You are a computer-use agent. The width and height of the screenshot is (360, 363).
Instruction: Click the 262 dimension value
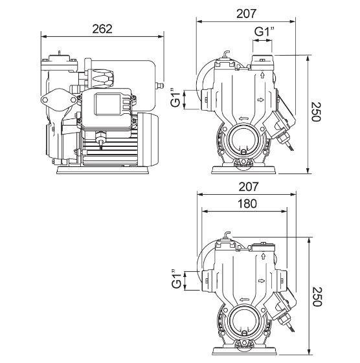tap(102, 29)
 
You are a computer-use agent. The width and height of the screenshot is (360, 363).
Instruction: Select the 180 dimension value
tap(247, 204)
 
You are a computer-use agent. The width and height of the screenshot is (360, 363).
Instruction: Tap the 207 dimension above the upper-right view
tap(246, 14)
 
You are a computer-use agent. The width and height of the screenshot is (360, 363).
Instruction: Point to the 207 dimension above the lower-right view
tap(249, 187)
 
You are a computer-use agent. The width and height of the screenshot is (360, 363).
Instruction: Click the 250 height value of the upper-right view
tap(315, 112)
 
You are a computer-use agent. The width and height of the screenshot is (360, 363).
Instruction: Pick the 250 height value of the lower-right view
tap(317, 296)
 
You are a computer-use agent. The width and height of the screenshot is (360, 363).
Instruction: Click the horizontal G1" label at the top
tap(264, 32)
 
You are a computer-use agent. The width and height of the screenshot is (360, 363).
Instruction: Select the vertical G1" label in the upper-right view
tap(175, 98)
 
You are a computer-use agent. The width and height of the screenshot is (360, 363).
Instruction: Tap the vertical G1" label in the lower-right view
tap(177, 279)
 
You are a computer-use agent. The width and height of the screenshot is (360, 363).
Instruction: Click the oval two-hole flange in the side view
tap(59, 100)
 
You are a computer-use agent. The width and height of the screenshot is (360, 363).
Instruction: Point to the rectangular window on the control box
tap(107, 104)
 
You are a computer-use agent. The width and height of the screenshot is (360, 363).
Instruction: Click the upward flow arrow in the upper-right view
tap(262, 75)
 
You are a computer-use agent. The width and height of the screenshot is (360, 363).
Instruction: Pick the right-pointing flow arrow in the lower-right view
tap(262, 281)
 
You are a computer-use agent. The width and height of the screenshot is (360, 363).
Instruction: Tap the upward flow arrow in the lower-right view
tap(263, 256)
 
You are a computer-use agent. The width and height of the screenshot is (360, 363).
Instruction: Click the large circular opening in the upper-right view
tap(243, 138)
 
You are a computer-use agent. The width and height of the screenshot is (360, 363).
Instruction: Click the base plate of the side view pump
tap(103, 170)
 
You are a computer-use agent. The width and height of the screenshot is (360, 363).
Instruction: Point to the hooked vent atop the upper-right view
tap(226, 54)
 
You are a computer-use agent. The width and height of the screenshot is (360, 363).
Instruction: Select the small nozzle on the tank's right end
tap(160, 86)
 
